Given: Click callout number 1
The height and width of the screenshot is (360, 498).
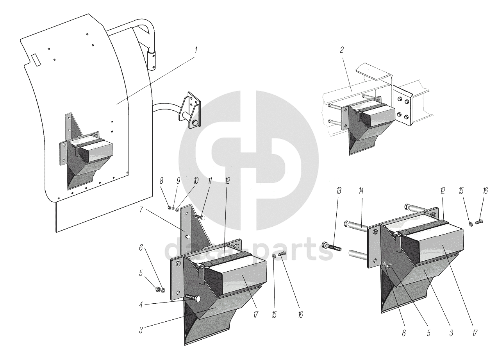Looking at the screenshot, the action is click(196, 50).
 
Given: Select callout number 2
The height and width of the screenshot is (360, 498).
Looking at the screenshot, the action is click(341, 50).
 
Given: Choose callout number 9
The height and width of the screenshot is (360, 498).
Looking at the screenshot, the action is click(178, 181).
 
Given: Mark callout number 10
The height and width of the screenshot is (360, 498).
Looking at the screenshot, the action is click(196, 181).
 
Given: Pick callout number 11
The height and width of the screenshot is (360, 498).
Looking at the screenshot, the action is click(210, 181).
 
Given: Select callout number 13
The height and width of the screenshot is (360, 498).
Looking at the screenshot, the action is click(338, 191).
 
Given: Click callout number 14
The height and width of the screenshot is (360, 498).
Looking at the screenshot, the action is click(361, 191).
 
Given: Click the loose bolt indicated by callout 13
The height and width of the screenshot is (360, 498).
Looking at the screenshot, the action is click(332, 247).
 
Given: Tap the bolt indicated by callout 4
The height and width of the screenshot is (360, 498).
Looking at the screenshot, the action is click(193, 299).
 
